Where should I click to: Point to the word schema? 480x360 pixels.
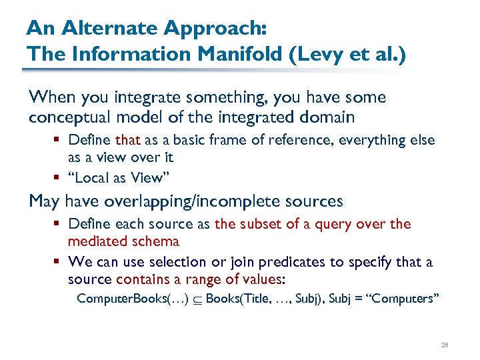pos(156,241)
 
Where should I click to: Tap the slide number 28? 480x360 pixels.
pos(445,345)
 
